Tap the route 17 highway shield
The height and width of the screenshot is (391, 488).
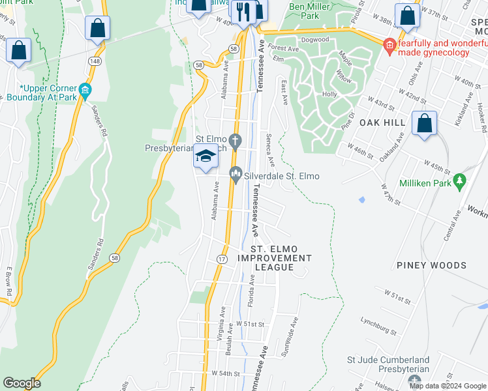tap(222, 259)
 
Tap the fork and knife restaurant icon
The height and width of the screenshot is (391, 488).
tap(244, 11)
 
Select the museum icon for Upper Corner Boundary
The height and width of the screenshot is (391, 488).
tap(84, 89)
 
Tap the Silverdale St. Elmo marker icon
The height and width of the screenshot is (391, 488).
tap(236, 173)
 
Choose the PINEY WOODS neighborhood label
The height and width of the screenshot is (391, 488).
tap(431, 265)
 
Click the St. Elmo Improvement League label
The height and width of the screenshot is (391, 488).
tap(273, 258)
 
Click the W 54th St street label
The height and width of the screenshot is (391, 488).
tap(226, 373)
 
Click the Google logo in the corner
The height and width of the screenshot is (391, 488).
tap(22, 383)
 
